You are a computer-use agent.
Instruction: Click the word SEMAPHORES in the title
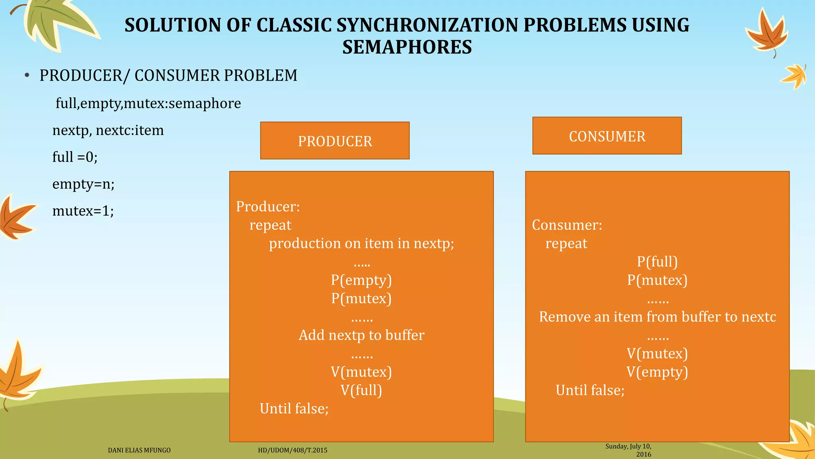[x=407, y=47]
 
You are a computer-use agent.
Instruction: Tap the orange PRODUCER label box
[x=335, y=141]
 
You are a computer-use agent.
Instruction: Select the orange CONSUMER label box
[x=607, y=136]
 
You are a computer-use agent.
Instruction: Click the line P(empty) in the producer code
[x=361, y=280]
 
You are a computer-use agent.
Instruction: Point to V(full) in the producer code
[x=361, y=390]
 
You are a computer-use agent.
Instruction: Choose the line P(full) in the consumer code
[x=657, y=262]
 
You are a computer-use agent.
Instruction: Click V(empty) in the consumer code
[x=657, y=372]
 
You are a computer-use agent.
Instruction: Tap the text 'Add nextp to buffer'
[x=361, y=335]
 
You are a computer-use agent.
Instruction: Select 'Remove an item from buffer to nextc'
[x=657, y=317]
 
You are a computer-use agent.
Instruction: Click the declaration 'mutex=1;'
[x=83, y=210]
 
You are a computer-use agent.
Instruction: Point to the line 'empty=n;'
[x=84, y=184]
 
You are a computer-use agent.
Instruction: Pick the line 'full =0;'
[x=75, y=157]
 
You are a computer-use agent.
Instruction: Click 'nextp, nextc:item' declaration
[x=108, y=130]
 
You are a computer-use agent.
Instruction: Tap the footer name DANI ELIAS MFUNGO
[x=139, y=450]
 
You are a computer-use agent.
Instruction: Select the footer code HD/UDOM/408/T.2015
[x=292, y=450]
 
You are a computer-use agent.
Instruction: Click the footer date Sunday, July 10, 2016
[x=629, y=450]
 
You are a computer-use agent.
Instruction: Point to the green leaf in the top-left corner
[x=56, y=22]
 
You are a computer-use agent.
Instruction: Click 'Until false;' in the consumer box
[x=590, y=390]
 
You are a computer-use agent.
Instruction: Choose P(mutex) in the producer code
[x=361, y=298]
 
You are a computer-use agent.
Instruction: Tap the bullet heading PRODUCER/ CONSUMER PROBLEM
[x=168, y=75]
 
